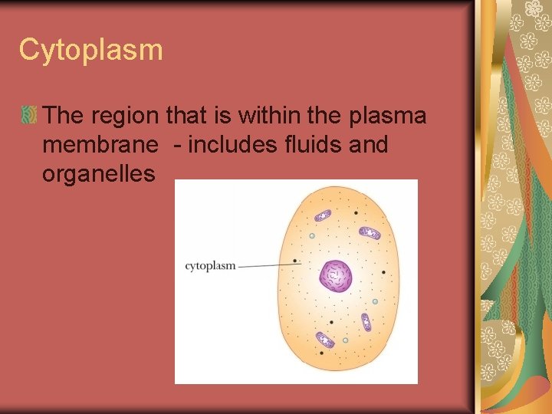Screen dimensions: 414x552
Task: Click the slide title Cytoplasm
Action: (x=90, y=51)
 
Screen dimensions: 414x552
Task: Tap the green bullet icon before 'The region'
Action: (x=29, y=116)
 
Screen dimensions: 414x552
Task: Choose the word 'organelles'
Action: (x=99, y=173)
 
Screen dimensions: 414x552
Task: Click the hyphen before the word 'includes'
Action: (x=176, y=146)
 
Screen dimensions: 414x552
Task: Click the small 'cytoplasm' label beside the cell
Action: (x=210, y=266)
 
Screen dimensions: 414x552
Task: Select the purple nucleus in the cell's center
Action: (x=336, y=276)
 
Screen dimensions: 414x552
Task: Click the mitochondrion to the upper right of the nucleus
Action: (x=370, y=232)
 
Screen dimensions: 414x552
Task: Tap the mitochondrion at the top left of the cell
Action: (x=323, y=216)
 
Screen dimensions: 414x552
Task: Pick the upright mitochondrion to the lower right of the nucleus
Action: (x=366, y=321)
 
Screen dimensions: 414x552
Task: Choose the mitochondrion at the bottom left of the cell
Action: (x=325, y=339)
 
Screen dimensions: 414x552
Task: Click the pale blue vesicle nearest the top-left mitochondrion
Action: (x=312, y=236)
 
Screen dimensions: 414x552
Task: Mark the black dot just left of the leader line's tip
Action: (x=295, y=261)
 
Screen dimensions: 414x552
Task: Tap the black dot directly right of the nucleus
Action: (x=383, y=272)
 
